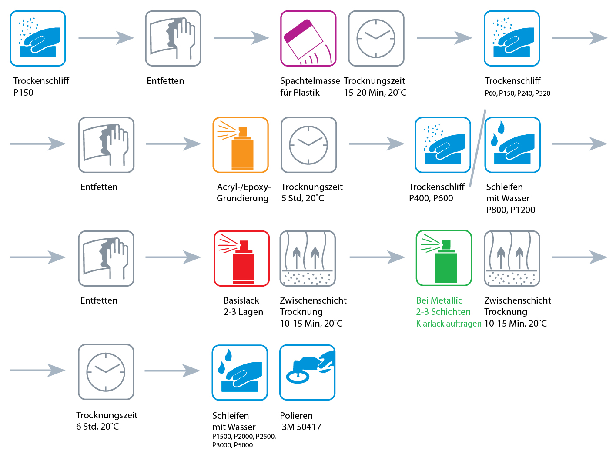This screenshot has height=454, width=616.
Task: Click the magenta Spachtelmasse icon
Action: (x=308, y=38)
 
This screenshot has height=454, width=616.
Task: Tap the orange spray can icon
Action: (x=240, y=145)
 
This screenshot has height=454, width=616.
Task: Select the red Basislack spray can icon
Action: (x=241, y=258)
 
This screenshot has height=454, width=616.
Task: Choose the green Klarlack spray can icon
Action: (x=444, y=258)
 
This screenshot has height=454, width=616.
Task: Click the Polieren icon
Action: (x=307, y=372)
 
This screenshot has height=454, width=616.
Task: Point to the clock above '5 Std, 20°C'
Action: (x=308, y=145)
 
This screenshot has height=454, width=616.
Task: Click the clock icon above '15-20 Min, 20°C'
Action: (x=376, y=38)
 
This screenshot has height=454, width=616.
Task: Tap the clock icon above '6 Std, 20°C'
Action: (x=106, y=372)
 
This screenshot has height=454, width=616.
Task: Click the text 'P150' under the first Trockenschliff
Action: (x=23, y=93)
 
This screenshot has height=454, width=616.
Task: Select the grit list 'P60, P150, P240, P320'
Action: (x=517, y=93)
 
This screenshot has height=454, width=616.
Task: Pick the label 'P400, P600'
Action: (x=431, y=198)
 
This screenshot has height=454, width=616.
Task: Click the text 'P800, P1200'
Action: (x=510, y=210)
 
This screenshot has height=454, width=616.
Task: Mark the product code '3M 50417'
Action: (x=301, y=427)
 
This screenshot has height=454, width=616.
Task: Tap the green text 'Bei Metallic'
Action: (x=439, y=300)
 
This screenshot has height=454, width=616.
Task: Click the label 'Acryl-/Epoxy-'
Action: (x=244, y=187)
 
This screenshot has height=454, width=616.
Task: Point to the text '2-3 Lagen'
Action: (x=243, y=312)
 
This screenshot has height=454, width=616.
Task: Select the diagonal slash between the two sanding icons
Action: (x=477, y=148)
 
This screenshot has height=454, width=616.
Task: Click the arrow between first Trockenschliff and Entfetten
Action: (x=106, y=38)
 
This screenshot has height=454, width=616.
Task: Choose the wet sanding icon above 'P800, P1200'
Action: (x=512, y=145)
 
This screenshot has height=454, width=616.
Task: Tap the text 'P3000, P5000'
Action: (x=232, y=445)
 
